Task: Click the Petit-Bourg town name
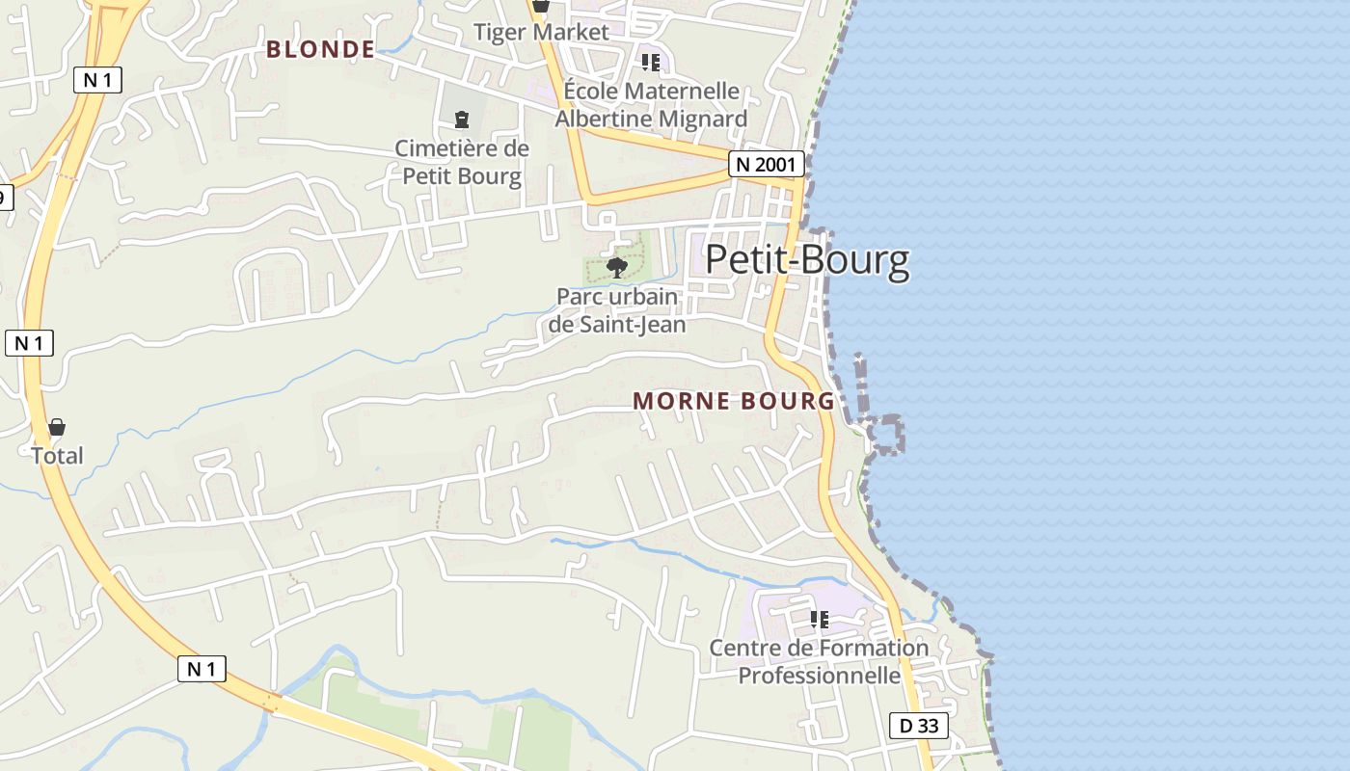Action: click(807, 261)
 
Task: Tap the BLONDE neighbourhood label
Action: click(320, 49)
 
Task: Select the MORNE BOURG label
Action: click(734, 401)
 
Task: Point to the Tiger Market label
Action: click(541, 32)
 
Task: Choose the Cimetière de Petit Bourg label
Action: click(462, 162)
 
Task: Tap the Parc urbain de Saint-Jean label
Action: click(617, 310)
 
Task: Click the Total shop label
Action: click(57, 456)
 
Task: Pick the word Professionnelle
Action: click(819, 675)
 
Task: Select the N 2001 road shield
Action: click(766, 165)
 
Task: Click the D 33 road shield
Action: click(918, 726)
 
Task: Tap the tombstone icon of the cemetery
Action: click(462, 120)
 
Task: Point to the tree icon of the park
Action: click(617, 266)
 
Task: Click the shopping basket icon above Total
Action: click(57, 427)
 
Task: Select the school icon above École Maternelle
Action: click(651, 63)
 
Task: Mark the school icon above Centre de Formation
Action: click(819, 619)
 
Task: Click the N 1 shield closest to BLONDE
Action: click(97, 80)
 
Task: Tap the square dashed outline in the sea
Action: click(886, 435)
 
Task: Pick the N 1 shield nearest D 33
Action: click(202, 669)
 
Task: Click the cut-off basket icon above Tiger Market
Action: click(541, 6)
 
